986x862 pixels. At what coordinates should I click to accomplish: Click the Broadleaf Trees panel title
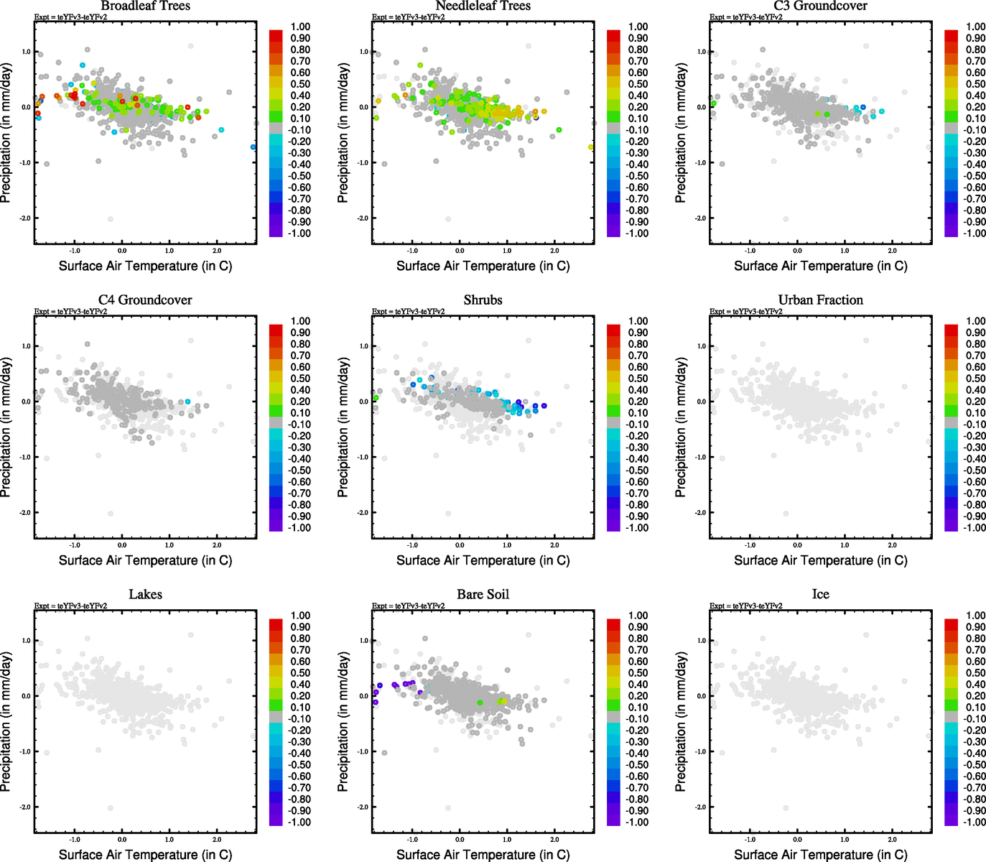coord(145,6)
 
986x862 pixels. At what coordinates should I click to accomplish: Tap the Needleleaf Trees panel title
coord(483,6)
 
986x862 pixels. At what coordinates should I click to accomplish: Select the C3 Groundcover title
coord(820,6)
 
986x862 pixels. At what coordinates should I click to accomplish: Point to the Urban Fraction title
coord(820,300)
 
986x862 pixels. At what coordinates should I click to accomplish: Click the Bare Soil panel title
coord(483,595)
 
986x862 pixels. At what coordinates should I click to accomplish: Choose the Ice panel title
coord(820,595)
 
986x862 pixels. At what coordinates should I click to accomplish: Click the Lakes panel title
coord(145,595)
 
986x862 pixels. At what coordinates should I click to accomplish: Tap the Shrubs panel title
coord(483,300)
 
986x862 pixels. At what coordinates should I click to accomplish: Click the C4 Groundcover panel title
coord(145,300)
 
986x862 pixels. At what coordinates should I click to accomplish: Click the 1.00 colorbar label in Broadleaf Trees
coord(300,27)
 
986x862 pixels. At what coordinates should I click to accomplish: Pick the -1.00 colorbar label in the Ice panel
coord(974,822)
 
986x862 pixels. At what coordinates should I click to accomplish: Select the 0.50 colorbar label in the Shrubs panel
coord(638,379)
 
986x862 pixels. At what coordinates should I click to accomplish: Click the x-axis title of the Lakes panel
coord(145,854)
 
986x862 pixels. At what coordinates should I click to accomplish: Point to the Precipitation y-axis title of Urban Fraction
coord(681,428)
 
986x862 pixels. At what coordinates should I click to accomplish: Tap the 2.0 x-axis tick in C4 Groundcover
coord(217,545)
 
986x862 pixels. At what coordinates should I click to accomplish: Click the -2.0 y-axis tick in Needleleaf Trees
coord(363,218)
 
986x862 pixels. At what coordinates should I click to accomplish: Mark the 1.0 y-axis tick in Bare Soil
coord(364,641)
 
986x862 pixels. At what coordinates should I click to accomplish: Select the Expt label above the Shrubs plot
coord(408,312)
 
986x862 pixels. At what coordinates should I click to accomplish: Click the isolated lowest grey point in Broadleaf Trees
coord(111,219)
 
